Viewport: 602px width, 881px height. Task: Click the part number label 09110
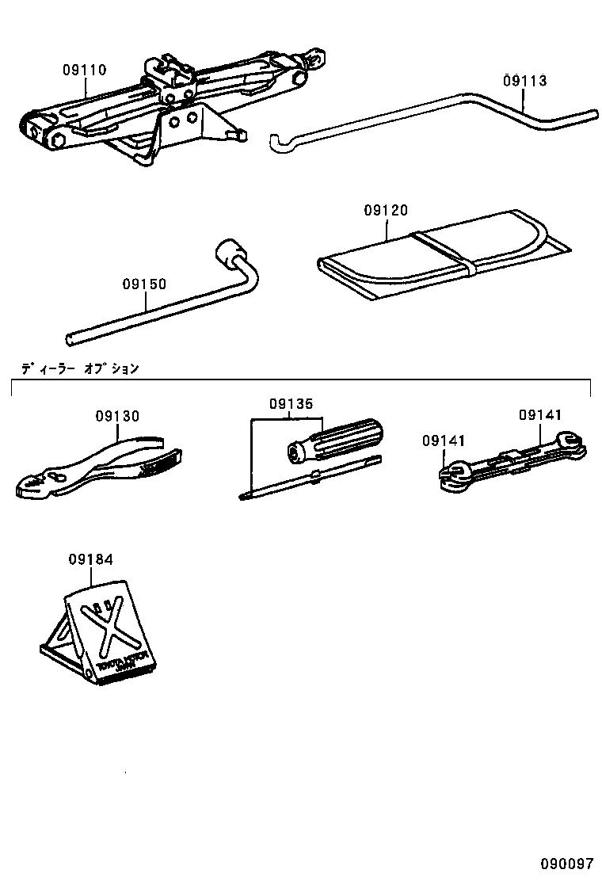pos(85,70)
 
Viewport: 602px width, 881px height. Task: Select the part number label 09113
pos(524,80)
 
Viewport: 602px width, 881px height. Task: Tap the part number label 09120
pos(386,210)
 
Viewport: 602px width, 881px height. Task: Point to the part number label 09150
pos(144,283)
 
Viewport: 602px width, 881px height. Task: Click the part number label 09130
pos(117,415)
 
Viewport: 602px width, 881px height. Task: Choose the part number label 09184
pos(90,559)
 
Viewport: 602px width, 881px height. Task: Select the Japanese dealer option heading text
pos(80,368)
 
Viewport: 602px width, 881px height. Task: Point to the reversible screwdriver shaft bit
pos(309,478)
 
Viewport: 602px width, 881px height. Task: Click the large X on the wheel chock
pos(112,627)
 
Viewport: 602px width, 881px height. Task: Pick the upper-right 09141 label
pos(540,414)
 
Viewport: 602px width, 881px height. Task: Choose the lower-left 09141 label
pos(444,440)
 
